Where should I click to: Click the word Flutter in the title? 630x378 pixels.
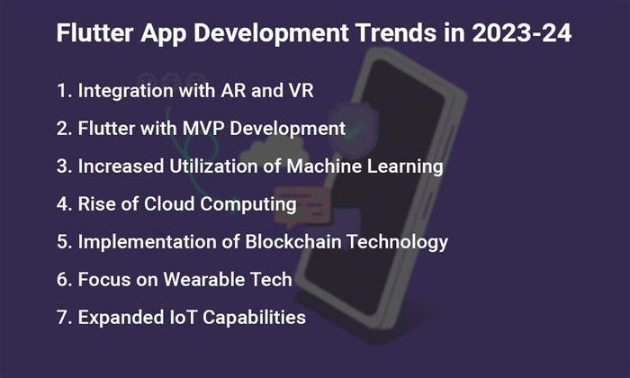pos(94,32)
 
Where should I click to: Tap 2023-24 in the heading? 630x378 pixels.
pos(521,32)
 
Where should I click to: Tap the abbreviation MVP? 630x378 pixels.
pos(203,129)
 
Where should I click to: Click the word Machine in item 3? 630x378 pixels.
pos(324,166)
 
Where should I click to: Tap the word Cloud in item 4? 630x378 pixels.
pos(169,203)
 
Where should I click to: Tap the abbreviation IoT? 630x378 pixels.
pos(184,318)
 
